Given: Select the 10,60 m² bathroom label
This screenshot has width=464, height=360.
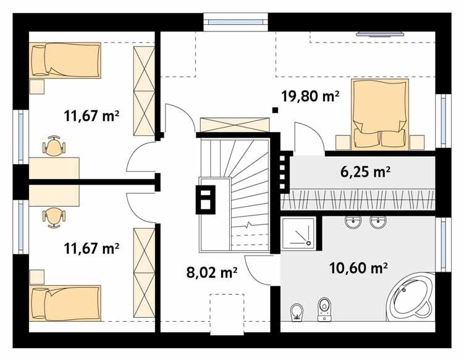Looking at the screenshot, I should point(358,267).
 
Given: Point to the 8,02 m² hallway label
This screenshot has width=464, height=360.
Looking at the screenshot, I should point(212,271).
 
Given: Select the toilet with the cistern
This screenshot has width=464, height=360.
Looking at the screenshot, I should point(324,309).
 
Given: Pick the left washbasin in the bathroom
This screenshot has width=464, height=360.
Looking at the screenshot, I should point(353,221).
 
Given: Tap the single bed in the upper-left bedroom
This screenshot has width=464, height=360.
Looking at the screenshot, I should point(65,60).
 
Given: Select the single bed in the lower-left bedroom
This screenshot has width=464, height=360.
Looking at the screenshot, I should point(65,302).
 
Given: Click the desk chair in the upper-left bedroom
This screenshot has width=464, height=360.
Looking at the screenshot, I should point(53,146).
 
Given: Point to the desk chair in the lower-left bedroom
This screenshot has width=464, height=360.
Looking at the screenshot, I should point(53,214).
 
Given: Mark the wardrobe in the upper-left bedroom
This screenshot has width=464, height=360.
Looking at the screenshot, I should point(143,91).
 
